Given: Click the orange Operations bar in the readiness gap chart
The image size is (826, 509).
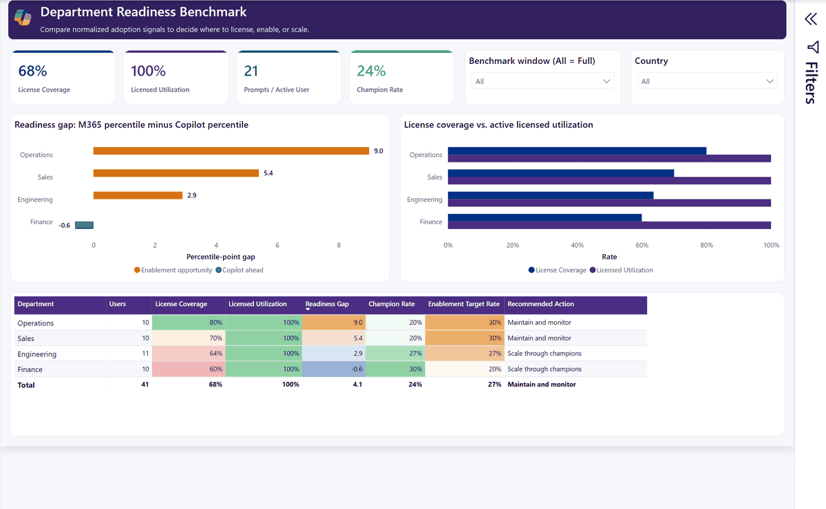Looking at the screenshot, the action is [231, 151].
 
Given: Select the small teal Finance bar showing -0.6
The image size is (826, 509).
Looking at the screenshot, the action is [84, 225].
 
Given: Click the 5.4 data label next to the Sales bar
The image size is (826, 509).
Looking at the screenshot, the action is [268, 173].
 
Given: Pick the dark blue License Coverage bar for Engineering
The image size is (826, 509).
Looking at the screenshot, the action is [551, 195].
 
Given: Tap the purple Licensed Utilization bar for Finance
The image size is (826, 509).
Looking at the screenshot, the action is [609, 225].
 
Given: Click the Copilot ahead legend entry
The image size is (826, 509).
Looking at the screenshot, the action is [240, 270].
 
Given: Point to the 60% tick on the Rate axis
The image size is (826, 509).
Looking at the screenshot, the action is [642, 245].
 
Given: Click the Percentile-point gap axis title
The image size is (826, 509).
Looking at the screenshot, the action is [220, 257].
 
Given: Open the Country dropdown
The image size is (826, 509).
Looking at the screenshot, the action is [707, 81].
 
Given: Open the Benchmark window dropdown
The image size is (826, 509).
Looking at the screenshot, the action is [542, 81].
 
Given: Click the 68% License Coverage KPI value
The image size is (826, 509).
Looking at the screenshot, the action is [32, 71].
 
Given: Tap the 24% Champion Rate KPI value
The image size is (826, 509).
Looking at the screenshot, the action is [371, 71].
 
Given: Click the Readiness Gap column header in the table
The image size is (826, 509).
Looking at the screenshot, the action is [327, 304].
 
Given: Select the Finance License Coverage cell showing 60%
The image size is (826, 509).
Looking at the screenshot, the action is [189, 369].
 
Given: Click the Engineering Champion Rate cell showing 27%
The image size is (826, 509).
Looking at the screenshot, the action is [395, 354].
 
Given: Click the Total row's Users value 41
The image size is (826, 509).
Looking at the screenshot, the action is [145, 385].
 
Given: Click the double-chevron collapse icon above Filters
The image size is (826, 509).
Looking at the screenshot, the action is [811, 19].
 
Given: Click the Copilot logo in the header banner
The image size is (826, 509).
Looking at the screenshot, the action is [23, 17].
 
